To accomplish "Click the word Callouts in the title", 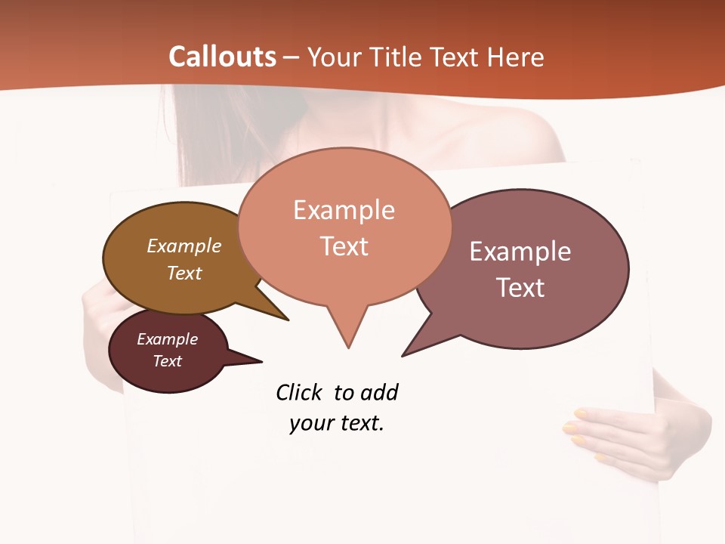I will click(x=222, y=57).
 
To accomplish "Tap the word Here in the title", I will click(x=516, y=57).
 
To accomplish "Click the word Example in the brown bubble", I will click(x=184, y=246).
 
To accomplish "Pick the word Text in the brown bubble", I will click(x=184, y=273).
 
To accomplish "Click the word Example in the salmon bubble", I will click(x=344, y=210).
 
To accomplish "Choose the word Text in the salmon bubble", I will click(x=344, y=246).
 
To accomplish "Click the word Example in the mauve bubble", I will click(x=520, y=252).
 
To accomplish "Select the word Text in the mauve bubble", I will click(x=520, y=288).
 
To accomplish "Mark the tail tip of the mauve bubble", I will click(x=403, y=355).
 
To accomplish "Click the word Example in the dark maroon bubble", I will click(x=167, y=339).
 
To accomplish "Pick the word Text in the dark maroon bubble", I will click(x=167, y=361).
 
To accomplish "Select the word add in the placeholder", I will click(x=378, y=392).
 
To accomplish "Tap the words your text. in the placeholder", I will click(x=337, y=423).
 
